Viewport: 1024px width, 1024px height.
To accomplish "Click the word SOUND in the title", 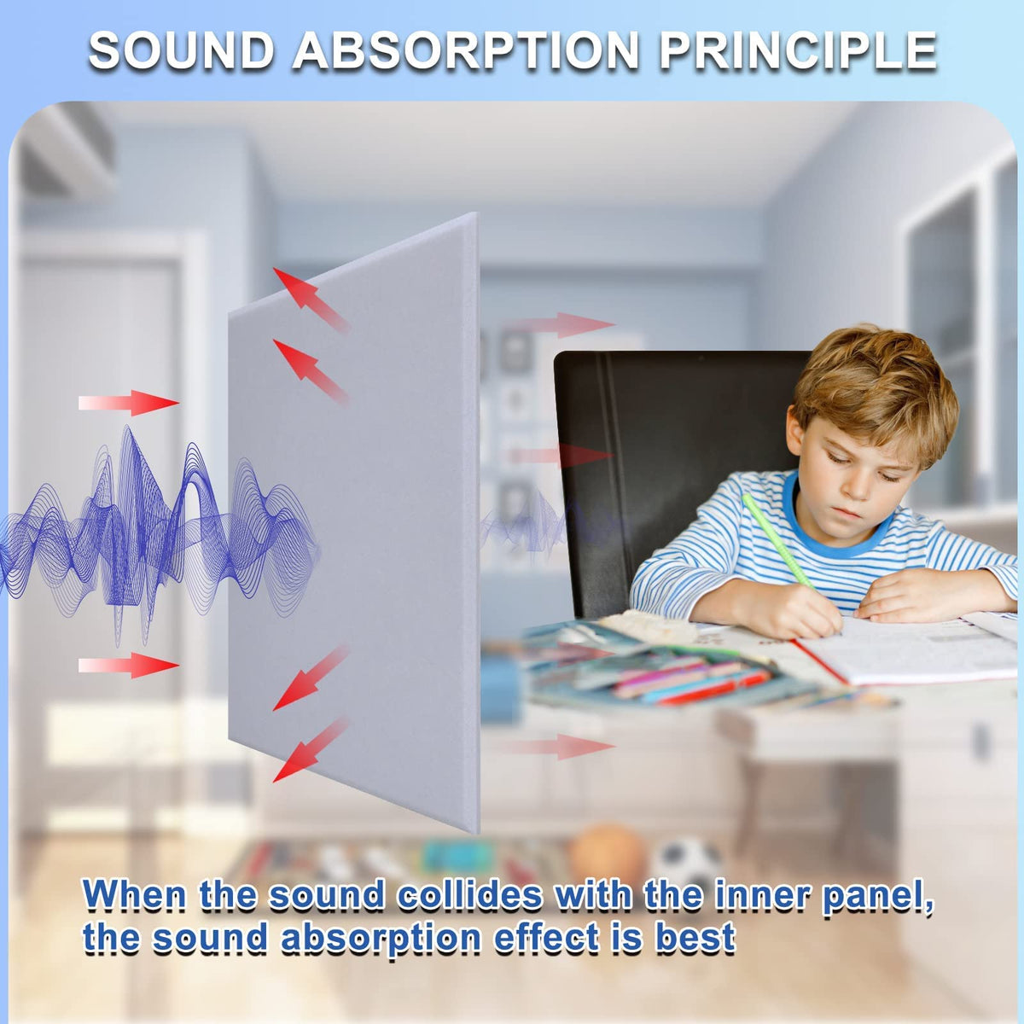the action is coord(180,50).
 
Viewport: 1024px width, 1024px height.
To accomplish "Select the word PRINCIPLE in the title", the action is coord(797,50).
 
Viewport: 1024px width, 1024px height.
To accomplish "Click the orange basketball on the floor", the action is coord(608,852).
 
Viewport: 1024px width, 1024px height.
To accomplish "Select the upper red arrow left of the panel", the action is coord(129,403).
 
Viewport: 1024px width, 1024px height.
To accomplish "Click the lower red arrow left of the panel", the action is coord(129,666).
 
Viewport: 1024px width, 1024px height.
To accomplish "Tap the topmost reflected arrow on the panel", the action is coord(311,300).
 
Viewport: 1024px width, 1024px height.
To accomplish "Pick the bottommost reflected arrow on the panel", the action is coord(311,749).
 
